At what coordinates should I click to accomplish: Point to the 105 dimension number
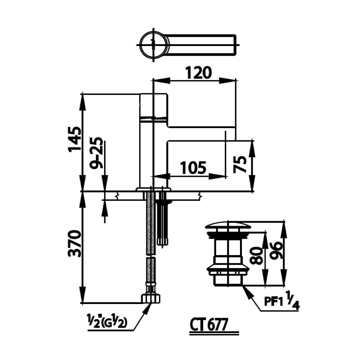tap(193, 167)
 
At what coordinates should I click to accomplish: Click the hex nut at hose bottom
tap(151, 298)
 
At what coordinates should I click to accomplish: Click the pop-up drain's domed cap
tap(228, 225)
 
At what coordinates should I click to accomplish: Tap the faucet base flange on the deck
tap(153, 188)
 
